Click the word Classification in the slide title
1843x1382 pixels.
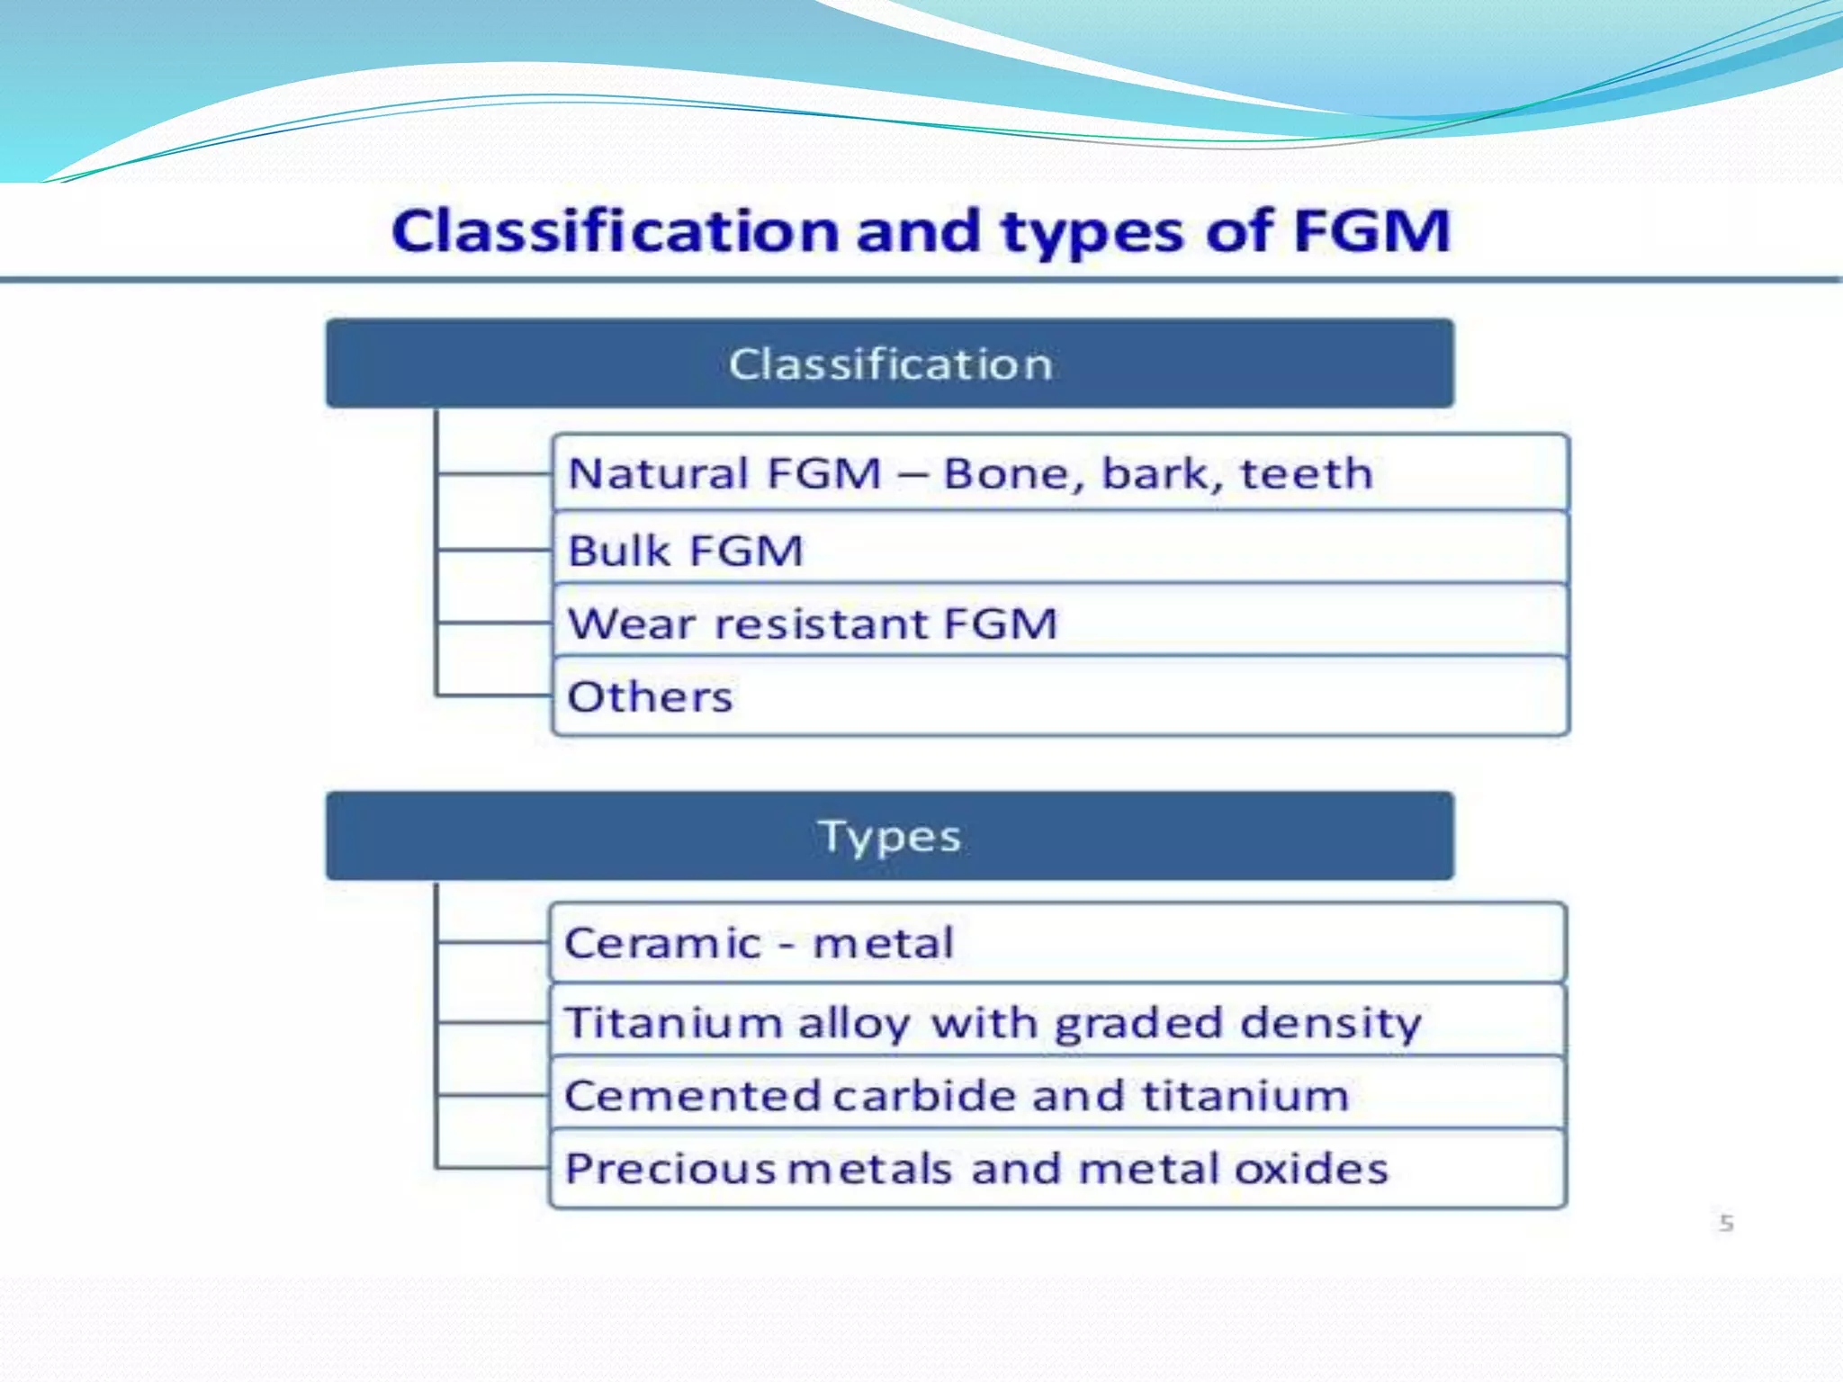pyautogui.click(x=616, y=231)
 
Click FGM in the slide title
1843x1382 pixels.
pyautogui.click(x=1371, y=231)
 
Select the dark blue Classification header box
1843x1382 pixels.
pyautogui.click(x=889, y=363)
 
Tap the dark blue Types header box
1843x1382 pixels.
pyautogui.click(x=889, y=836)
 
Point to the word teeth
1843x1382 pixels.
pyautogui.click(x=1306, y=473)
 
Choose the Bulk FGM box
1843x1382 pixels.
pyautogui.click(x=1060, y=550)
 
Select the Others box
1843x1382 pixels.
pyautogui.click(x=1060, y=696)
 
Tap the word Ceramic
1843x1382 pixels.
pyautogui.click(x=662, y=943)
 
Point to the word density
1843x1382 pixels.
pyautogui.click(x=1330, y=1024)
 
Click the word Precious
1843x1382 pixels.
pyautogui.click(x=670, y=1169)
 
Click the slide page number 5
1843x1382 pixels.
pyautogui.click(x=1726, y=1223)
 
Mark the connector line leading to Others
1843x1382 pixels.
pyautogui.click(x=493, y=695)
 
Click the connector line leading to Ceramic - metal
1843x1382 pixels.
pyautogui.click(x=493, y=943)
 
